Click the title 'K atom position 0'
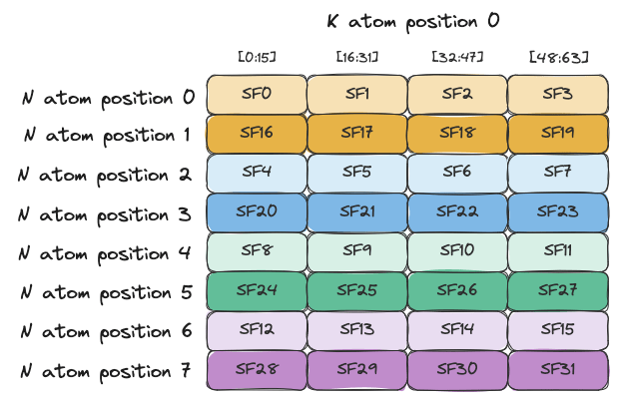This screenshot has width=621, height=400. (x=413, y=22)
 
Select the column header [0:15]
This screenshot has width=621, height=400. (x=257, y=58)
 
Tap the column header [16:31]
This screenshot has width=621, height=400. (x=357, y=58)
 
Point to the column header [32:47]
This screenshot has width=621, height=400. (x=457, y=58)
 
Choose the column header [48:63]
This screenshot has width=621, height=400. (x=558, y=58)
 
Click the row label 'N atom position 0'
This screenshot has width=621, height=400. (x=108, y=98)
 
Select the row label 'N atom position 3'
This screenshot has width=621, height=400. (x=105, y=215)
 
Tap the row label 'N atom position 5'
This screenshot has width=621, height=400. (x=107, y=293)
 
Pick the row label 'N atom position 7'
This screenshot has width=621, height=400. (x=106, y=372)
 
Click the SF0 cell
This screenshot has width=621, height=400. (x=257, y=94)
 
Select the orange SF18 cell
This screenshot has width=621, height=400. (x=457, y=134)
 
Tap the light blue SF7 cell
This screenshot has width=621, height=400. (x=558, y=173)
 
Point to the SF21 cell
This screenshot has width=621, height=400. (x=356, y=212)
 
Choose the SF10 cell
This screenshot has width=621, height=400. (x=457, y=251)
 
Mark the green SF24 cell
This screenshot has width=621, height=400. (x=257, y=291)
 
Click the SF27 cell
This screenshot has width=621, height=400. (x=558, y=291)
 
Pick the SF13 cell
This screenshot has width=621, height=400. (x=356, y=330)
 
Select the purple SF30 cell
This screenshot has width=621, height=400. (x=457, y=370)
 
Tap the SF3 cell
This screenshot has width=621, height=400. (x=558, y=94)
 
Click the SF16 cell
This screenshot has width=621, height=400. (x=257, y=134)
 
